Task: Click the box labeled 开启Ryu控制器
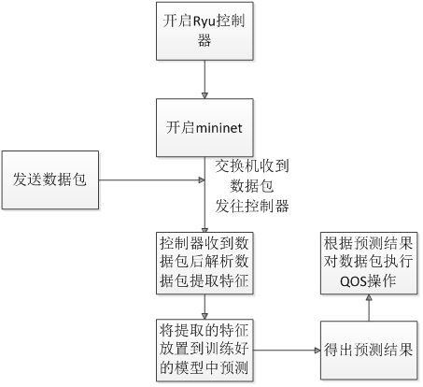point(204,31)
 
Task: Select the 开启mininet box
point(204,128)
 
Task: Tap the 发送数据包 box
point(50,180)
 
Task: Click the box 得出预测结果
point(369,351)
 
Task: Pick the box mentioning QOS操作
point(369,263)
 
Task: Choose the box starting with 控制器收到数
point(204,263)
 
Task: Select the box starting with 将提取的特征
point(204,351)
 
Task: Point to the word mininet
point(219,128)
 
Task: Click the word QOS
point(353,281)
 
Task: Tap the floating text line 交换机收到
point(252,166)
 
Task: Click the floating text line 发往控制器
point(252,206)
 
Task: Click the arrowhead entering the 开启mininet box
point(204,95)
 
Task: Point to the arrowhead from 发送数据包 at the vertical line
point(202,180)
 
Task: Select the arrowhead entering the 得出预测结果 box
point(317,351)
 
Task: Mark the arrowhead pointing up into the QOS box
point(369,297)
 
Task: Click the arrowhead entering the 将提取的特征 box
point(204,316)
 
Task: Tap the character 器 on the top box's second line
point(204,40)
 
